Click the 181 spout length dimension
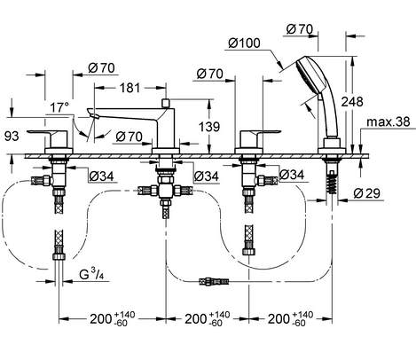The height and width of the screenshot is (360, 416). (x=130, y=88)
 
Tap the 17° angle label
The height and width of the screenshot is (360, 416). (x=59, y=107)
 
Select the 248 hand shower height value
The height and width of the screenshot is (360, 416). (x=352, y=102)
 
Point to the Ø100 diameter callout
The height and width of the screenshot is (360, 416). (x=244, y=43)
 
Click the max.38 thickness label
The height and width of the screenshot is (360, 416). (x=389, y=121)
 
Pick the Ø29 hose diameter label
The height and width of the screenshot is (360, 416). (x=366, y=193)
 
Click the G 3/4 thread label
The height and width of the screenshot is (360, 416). (x=92, y=275)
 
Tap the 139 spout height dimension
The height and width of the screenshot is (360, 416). (x=209, y=127)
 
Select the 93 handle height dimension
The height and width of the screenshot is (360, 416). (x=12, y=137)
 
